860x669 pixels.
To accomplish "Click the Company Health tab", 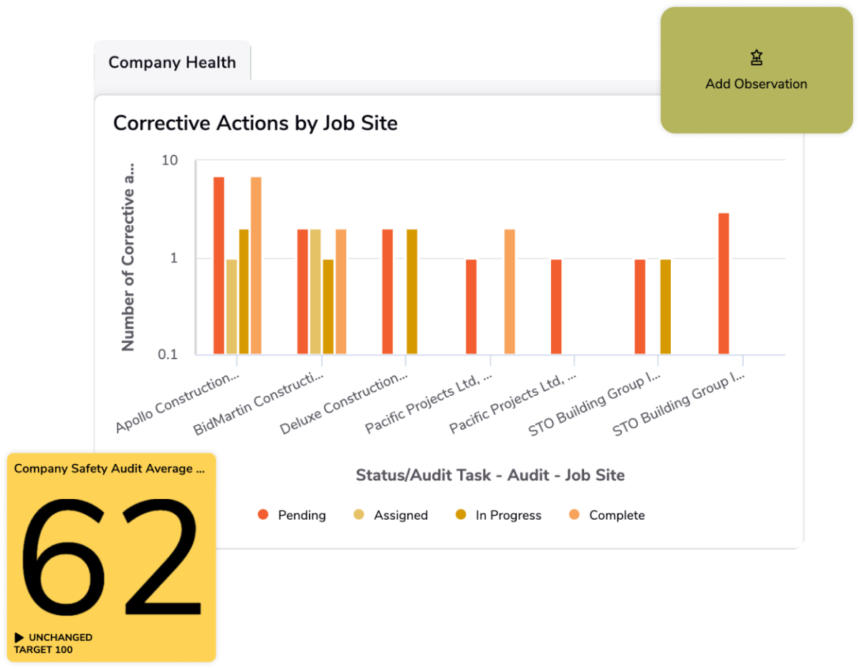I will (x=172, y=62).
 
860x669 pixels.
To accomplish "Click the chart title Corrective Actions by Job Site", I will (x=255, y=123).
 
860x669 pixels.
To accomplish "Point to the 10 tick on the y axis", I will (x=170, y=160).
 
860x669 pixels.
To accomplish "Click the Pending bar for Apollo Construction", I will (x=219, y=265).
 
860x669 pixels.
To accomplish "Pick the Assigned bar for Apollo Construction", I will (x=231, y=307).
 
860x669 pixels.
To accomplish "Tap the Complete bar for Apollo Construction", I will (x=256, y=265).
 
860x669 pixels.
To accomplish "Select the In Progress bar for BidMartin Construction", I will (x=328, y=307).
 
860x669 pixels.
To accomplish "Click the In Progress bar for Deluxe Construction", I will (x=412, y=292).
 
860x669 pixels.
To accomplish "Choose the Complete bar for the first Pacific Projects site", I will (x=510, y=292).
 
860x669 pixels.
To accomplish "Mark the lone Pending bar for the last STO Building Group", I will (x=724, y=283).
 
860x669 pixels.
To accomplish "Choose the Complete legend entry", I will (x=608, y=515).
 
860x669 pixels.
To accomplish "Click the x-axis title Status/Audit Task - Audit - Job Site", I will (x=490, y=475).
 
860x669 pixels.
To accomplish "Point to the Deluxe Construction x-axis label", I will (x=345, y=403).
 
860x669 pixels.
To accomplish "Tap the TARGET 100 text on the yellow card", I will (x=43, y=650).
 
